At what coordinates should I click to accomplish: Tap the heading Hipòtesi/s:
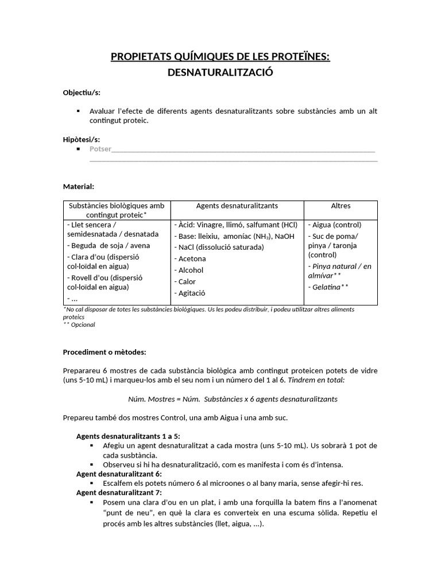click(x=81, y=140)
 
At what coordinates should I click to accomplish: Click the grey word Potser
click(x=100, y=149)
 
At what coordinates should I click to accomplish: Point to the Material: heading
click(x=78, y=186)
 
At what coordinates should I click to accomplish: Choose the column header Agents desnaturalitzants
click(x=237, y=206)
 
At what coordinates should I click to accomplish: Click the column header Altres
click(x=341, y=206)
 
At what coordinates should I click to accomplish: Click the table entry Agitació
click(x=191, y=293)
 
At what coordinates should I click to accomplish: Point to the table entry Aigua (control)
click(x=337, y=225)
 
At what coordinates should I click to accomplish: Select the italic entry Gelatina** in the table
click(x=330, y=287)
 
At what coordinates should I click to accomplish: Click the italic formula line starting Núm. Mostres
click(x=233, y=399)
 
